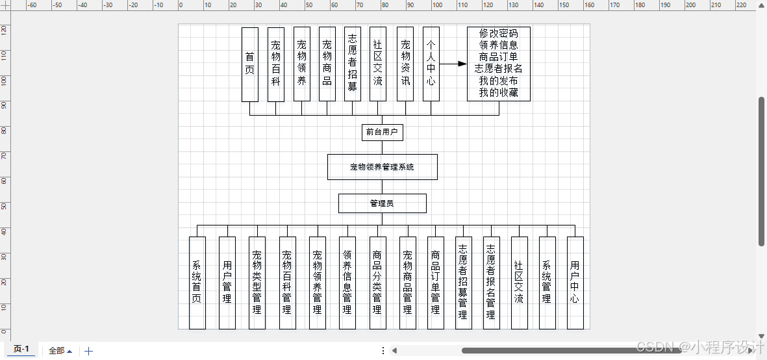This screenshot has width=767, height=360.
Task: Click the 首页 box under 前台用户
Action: click(x=249, y=64)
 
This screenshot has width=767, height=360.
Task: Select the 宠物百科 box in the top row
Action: click(x=276, y=64)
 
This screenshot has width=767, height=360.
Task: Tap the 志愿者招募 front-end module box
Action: click(x=352, y=64)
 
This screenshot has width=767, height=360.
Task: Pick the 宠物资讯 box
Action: click(x=405, y=64)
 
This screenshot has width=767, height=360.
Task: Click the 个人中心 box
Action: click(x=431, y=64)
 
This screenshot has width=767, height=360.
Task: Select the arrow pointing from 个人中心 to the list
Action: click(x=453, y=64)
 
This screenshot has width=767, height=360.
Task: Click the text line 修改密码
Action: click(x=498, y=33)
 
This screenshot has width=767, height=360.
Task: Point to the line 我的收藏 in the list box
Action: click(x=498, y=92)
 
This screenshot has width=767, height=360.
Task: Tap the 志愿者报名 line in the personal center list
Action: click(x=498, y=68)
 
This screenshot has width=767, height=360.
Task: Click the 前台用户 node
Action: click(x=383, y=131)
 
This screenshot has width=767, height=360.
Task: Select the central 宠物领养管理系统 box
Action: click(x=383, y=167)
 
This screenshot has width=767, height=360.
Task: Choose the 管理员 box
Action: click(x=383, y=203)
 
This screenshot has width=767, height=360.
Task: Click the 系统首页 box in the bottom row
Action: click(x=197, y=283)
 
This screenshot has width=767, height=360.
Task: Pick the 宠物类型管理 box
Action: click(x=257, y=283)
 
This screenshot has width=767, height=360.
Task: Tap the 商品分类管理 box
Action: click(x=377, y=283)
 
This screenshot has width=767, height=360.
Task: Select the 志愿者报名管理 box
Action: click(x=491, y=283)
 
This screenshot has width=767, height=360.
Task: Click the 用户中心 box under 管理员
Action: click(x=575, y=283)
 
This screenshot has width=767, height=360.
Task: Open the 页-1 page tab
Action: click(x=21, y=349)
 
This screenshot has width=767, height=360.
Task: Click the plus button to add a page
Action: click(x=88, y=351)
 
